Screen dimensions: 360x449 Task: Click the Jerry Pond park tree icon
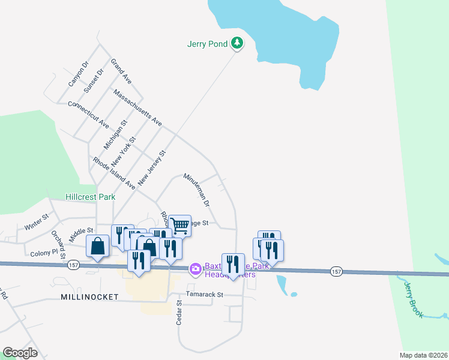point(238,43)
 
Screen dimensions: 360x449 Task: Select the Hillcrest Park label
point(90,197)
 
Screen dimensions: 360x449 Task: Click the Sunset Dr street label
point(94,80)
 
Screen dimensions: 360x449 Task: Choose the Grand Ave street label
point(121,71)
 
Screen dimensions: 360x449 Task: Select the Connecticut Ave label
point(88,114)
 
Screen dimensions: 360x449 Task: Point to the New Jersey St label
point(151,167)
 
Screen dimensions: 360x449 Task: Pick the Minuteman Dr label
point(197,190)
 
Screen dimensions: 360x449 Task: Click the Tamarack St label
point(204,295)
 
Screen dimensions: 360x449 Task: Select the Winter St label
point(36,223)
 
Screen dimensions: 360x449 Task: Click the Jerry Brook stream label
point(414,299)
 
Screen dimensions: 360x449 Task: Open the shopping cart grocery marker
point(179,225)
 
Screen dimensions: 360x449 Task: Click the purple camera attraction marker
point(195,269)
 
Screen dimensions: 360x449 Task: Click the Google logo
point(20,353)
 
